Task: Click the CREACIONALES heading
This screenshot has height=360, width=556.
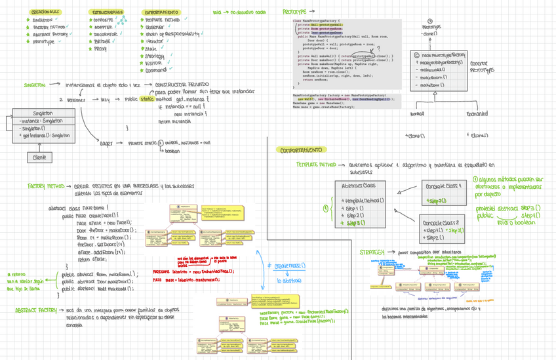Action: point(46,12)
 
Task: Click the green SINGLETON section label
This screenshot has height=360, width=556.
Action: point(34,85)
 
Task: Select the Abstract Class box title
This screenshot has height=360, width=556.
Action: point(359,186)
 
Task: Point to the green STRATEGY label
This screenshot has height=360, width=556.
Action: point(374,252)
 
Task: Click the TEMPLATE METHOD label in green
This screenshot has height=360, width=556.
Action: point(317,165)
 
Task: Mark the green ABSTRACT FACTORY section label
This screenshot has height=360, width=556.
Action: point(36,309)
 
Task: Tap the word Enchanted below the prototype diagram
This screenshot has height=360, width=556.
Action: point(477,114)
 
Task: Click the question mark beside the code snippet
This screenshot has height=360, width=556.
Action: point(379,48)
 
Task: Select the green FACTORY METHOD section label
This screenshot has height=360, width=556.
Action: point(46,186)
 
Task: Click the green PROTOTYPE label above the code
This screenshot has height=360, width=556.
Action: point(294,12)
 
